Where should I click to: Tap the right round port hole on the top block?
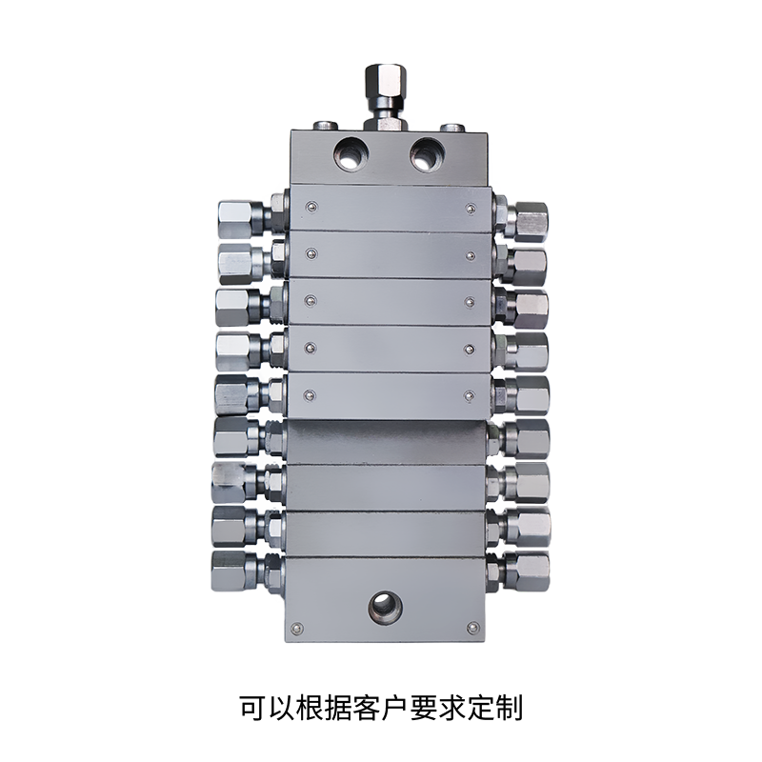click(x=426, y=154)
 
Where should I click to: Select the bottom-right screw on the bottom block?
click(x=471, y=628)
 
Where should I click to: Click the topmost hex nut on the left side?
click(x=235, y=218)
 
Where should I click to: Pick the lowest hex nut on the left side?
click(x=230, y=571)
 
